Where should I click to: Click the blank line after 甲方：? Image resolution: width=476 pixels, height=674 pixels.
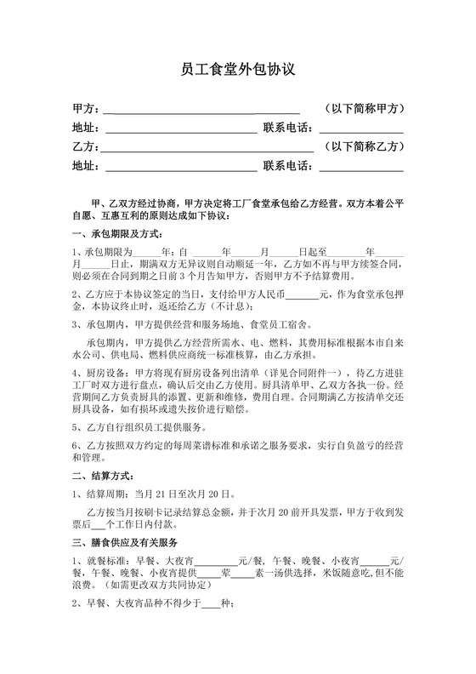coord(201,110)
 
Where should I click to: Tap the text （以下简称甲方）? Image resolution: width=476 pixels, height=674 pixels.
coord(363,110)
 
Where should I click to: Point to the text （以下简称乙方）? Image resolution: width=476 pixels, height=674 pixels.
coord(363,147)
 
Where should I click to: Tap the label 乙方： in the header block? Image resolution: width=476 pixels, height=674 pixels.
coord(87,147)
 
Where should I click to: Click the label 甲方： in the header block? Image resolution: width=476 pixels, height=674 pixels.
coord(87,110)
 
